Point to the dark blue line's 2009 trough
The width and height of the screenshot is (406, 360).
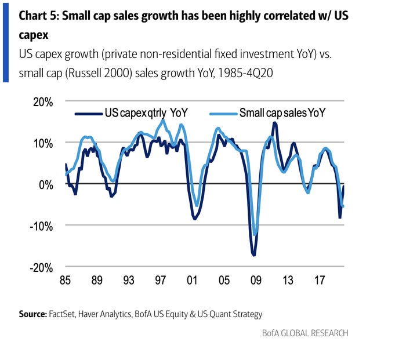click(253, 255)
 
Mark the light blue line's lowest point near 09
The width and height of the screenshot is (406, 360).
click(256, 235)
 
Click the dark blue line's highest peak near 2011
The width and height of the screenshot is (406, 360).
click(274, 122)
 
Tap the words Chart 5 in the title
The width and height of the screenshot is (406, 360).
click(39, 16)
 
